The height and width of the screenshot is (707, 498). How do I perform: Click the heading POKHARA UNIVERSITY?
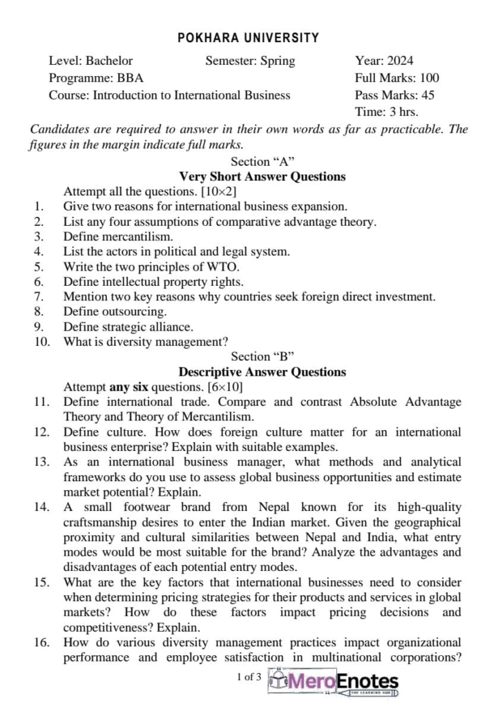pyautogui.click(x=249, y=38)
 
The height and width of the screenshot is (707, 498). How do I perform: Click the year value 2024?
pyautogui.click(x=400, y=61)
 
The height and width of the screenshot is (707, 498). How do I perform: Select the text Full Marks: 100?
pyautogui.click(x=396, y=78)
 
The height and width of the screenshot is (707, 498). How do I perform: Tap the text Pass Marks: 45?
pyautogui.click(x=394, y=95)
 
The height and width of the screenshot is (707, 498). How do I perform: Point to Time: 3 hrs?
pyautogui.click(x=386, y=112)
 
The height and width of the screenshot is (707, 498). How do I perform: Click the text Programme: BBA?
pyautogui.click(x=96, y=78)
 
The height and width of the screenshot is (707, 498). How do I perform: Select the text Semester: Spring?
pyautogui.click(x=250, y=61)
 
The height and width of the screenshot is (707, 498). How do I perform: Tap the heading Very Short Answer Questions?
pyautogui.click(x=262, y=177)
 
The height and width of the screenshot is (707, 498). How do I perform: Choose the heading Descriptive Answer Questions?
pyautogui.click(x=262, y=372)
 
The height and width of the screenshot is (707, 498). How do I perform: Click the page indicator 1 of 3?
pyautogui.click(x=249, y=677)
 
